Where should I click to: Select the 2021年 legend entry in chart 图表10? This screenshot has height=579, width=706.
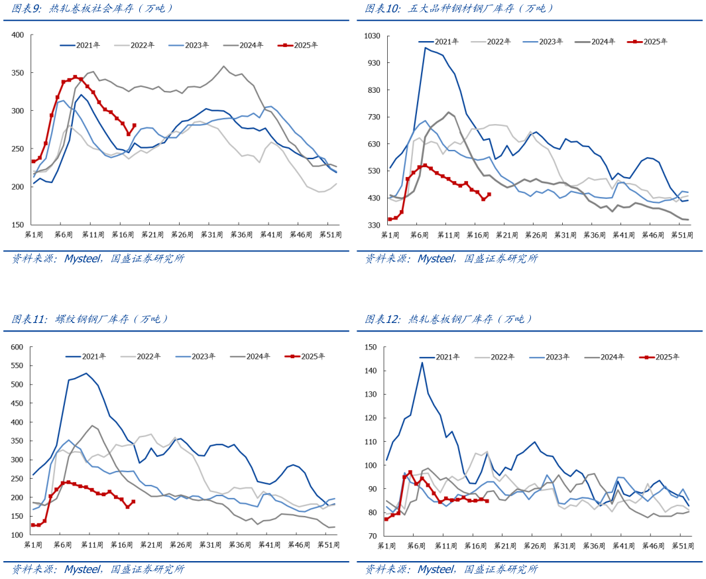coord(439,41)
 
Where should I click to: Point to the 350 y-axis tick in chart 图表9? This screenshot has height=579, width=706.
coord(18,73)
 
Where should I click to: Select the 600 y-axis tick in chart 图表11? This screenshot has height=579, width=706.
coord(17,347)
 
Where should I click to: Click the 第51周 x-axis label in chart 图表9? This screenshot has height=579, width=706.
coord(330,235)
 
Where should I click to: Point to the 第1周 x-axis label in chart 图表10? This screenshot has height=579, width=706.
coord(388,235)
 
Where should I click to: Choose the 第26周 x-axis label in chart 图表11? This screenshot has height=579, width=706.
coord(180,545)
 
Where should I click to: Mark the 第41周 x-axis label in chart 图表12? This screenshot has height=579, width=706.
coord(622,545)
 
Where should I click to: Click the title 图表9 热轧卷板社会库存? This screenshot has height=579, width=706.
coord(93,9)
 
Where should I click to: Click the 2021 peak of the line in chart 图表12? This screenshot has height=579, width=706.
coord(422,362)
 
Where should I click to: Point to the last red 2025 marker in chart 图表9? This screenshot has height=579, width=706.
coord(134,125)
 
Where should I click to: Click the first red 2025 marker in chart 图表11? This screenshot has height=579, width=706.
coord(33,525)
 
